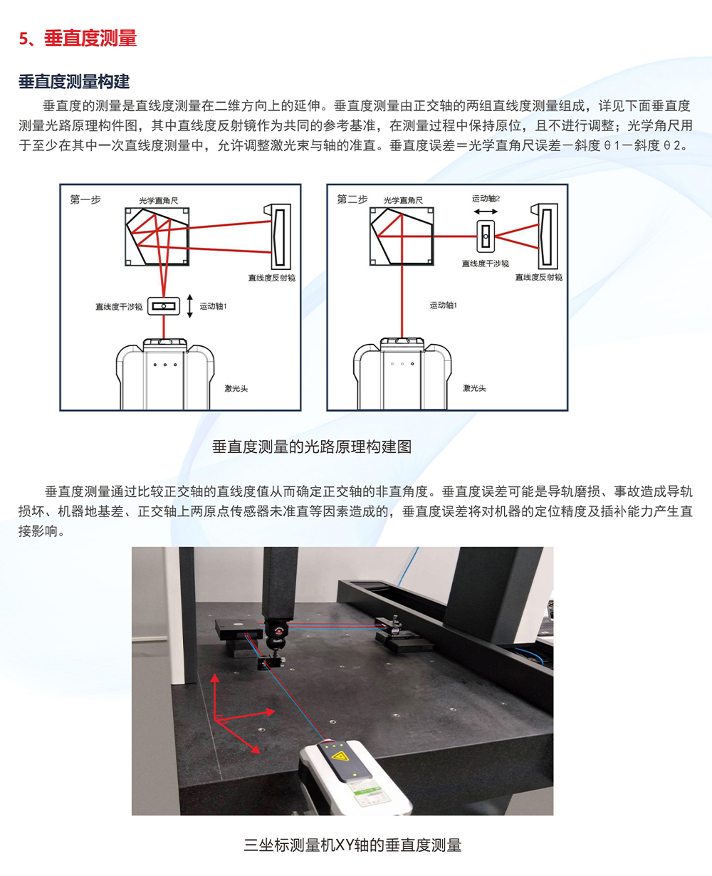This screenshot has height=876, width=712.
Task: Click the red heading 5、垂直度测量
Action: coord(78,38)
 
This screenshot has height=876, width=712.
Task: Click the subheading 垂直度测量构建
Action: coord(74,81)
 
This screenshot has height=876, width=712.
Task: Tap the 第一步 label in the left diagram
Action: coord(85,200)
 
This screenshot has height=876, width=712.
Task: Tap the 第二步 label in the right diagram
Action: coord(352,199)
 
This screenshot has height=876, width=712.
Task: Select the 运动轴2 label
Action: coord(486,199)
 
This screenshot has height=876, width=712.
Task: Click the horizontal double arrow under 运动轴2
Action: coord(486,212)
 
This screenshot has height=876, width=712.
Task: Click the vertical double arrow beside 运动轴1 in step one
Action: coord(189,306)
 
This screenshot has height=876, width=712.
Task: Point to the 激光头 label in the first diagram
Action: coord(236,389)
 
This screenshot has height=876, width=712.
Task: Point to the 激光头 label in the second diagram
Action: coord(474,388)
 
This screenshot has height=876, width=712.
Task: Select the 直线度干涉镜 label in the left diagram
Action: coord(119,307)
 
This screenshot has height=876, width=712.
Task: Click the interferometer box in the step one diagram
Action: coord(164,306)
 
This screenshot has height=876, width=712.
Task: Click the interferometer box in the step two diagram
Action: coord(486,236)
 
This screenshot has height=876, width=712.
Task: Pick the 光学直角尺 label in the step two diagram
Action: coord(403,200)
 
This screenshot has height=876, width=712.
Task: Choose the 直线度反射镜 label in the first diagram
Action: coord(272,278)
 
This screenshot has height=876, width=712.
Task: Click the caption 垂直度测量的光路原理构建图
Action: coord(312,447)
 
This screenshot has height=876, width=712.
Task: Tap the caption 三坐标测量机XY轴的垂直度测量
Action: coord(352,845)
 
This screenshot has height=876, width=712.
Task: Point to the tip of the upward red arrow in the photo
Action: coord(214,674)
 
